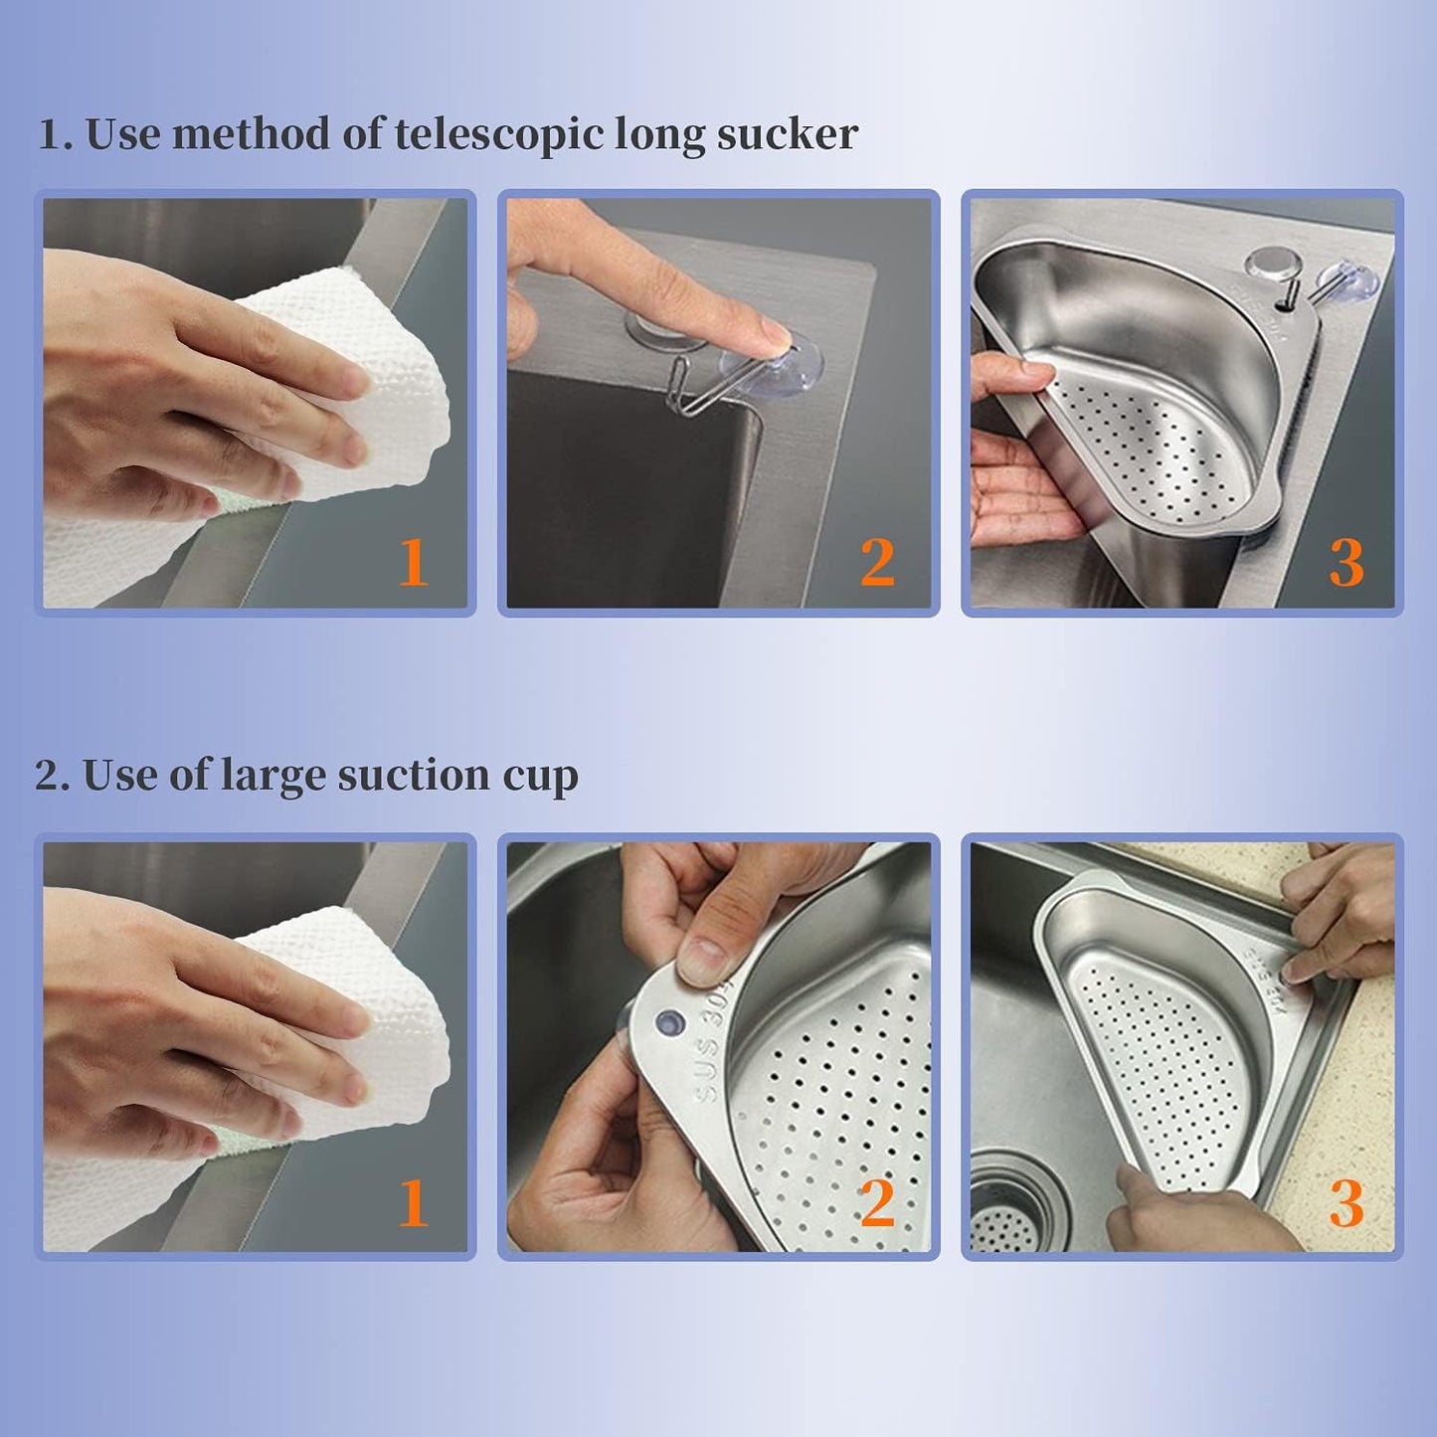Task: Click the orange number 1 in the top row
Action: (413, 563)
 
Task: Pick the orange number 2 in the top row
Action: (877, 563)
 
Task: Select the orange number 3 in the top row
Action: (1346, 563)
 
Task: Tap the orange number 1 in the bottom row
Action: (413, 1204)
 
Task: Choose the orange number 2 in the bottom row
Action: (877, 1204)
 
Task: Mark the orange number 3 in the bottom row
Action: (1346, 1204)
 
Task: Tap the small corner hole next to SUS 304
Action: (669, 1021)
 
